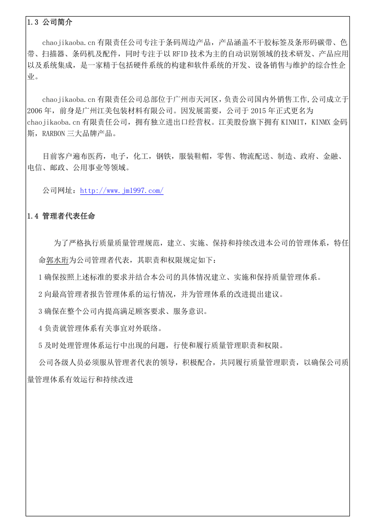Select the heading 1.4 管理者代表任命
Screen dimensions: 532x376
[x=61, y=216]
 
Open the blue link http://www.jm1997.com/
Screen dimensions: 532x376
[x=122, y=191]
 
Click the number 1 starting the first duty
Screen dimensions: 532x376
[x=40, y=277]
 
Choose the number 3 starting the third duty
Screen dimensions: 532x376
[x=40, y=312]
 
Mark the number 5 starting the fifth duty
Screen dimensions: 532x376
[x=40, y=345]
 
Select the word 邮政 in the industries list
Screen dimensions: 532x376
[x=58, y=168]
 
